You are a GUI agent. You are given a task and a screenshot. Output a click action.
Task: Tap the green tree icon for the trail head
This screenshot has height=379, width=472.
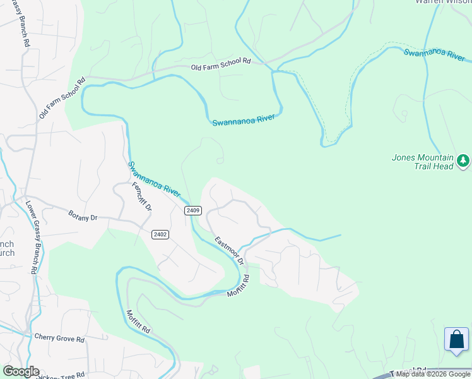click(464, 161)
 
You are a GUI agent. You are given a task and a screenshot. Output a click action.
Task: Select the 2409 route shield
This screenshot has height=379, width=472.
click(193, 210)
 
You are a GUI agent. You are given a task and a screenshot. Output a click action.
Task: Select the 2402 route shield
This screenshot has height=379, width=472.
click(160, 234)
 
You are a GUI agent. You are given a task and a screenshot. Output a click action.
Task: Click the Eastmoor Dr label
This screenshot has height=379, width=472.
click(229, 251)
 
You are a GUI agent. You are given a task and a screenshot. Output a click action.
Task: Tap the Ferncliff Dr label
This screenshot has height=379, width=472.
click(142, 196)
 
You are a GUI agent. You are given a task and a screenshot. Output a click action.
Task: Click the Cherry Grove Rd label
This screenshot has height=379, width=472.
click(59, 339)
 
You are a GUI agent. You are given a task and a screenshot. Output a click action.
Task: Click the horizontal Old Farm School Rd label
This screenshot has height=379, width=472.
click(221, 63)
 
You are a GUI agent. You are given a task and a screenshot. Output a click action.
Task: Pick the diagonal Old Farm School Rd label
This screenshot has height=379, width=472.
click(61, 99)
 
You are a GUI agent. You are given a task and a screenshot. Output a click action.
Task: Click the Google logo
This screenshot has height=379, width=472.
click(21, 371)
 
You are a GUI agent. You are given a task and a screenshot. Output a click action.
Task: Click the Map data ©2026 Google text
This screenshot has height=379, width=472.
click(434, 374)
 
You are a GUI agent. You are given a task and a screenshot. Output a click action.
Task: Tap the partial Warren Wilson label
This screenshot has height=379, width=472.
click(442, 2)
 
